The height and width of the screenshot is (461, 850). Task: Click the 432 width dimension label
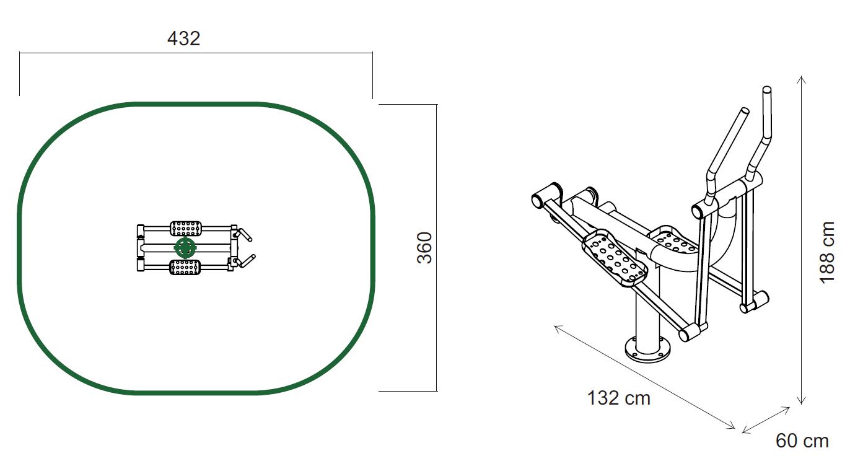[x=183, y=38]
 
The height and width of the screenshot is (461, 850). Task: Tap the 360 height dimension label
[x=424, y=248]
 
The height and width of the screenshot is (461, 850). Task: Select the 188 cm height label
[x=827, y=253]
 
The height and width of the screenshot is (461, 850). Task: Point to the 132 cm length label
[x=618, y=398]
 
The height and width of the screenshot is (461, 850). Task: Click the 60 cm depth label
[x=802, y=441]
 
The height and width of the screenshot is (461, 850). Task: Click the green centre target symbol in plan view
[x=185, y=248]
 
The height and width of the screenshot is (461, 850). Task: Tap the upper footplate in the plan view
[x=186, y=229]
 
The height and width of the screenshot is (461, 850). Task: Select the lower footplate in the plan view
[x=185, y=267]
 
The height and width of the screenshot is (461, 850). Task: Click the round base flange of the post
[x=648, y=351]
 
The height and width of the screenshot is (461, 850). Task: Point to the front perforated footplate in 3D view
[x=615, y=258]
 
